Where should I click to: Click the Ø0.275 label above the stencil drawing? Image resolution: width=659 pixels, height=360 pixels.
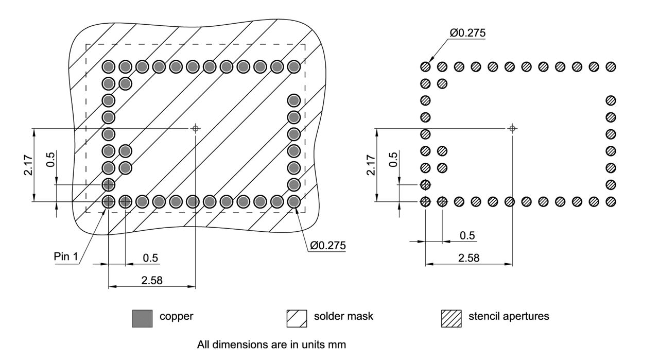[467, 33]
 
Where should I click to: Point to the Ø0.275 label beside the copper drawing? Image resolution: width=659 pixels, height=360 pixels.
[327, 245]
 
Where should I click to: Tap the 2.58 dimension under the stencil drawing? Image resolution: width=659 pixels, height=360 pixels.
[469, 258]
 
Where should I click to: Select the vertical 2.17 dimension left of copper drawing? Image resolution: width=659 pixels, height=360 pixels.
[29, 165]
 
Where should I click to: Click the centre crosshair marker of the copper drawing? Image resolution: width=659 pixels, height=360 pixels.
[196, 128]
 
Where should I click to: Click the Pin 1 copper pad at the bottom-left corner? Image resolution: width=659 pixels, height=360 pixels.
[108, 201]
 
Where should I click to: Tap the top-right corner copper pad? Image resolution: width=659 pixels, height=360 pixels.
[293, 66]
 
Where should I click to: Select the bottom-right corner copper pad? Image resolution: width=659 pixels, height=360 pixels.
[293, 201]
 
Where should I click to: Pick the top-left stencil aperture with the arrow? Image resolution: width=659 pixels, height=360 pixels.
[425, 66]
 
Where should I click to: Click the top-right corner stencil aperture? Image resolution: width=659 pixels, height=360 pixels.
[611, 66]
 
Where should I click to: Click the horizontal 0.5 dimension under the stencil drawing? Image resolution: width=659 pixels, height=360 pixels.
[467, 235]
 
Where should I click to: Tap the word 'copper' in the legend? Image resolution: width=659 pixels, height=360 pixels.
[176, 316]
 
